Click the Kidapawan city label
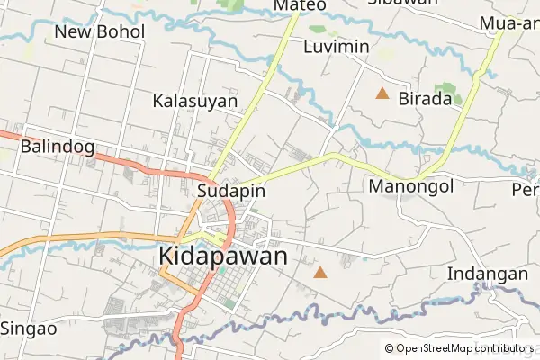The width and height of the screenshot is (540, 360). pyautogui.click(x=223, y=256)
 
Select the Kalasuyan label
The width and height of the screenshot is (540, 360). pyautogui.click(x=194, y=101)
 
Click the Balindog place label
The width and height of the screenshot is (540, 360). pyautogui.click(x=52, y=145)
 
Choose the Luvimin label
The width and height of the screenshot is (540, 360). pyautogui.click(x=337, y=46)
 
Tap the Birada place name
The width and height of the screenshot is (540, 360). pyautogui.click(x=425, y=99)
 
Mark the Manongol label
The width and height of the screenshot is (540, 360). pyautogui.click(x=411, y=186)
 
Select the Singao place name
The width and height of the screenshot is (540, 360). pyautogui.click(x=29, y=328)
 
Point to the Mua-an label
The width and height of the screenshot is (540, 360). pyautogui.click(x=509, y=22)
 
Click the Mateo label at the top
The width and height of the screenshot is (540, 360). pyautogui.click(x=300, y=5)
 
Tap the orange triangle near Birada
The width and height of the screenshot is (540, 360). pyautogui.click(x=382, y=93)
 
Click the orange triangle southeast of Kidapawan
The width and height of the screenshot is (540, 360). pyautogui.click(x=320, y=271)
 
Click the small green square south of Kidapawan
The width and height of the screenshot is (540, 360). pyautogui.click(x=229, y=303)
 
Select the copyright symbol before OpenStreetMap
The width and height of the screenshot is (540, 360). pyautogui.click(x=390, y=348)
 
